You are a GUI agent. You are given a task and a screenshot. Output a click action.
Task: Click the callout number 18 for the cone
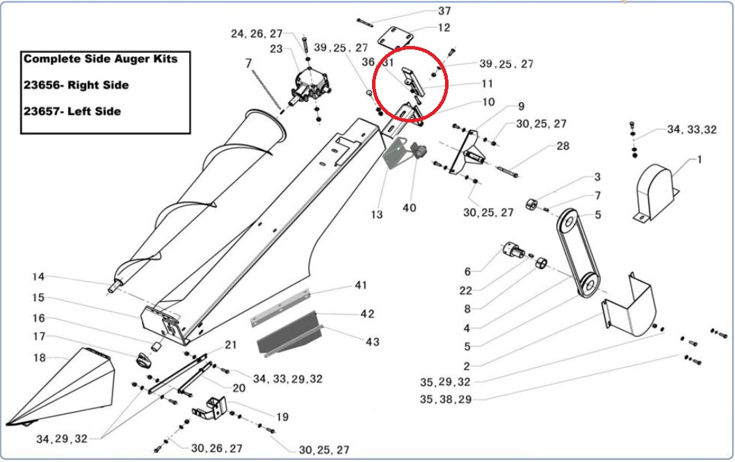pyautogui.click(x=40, y=358)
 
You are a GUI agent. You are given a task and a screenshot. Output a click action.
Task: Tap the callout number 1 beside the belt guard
pyautogui.click(x=699, y=159)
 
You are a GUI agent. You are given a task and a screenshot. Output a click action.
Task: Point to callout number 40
pyautogui.click(x=410, y=207)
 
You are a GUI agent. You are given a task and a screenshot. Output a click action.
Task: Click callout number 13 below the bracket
pyautogui.click(x=376, y=214)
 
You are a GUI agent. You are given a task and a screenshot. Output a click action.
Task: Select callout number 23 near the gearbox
pyautogui.click(x=276, y=49)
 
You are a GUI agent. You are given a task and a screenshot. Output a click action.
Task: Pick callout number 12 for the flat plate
pyautogui.click(x=444, y=28)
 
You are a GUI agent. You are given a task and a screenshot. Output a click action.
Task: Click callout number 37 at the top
pyautogui.click(x=444, y=11)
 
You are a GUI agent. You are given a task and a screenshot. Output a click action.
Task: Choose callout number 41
pyautogui.click(x=361, y=285)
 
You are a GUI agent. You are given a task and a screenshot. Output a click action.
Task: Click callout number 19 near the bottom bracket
pyautogui.click(x=282, y=417)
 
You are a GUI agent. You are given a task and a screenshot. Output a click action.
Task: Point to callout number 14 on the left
pyautogui.click(x=38, y=277)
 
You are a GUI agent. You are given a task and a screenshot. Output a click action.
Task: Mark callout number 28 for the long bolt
pyautogui.click(x=563, y=146)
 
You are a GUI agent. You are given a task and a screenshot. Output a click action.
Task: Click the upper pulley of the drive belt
pyautogui.click(x=568, y=223)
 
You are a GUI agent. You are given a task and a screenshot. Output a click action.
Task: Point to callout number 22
pyautogui.click(x=465, y=290)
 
